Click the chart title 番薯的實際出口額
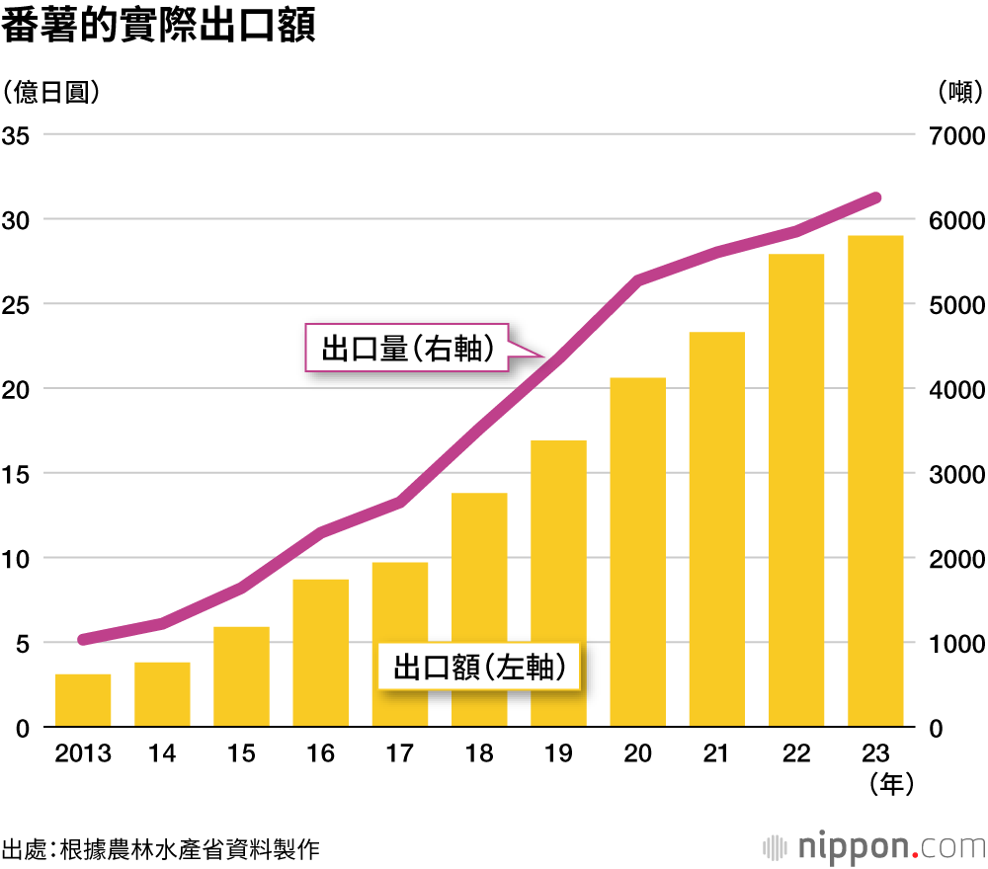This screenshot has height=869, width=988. coord(158,27)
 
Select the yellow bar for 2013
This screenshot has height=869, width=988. coord(83,701)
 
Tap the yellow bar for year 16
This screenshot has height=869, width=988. coord(321,654)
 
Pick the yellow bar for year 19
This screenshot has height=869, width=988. coord(558,584)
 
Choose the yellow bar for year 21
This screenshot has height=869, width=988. coord(717,529)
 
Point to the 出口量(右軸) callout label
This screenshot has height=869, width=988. coord(407,348)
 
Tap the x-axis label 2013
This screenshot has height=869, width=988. coord(83,754)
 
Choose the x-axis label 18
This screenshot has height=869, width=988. coord(479,754)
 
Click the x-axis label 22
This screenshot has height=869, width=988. coord(796,754)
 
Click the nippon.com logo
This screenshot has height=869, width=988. coord(875,846)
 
